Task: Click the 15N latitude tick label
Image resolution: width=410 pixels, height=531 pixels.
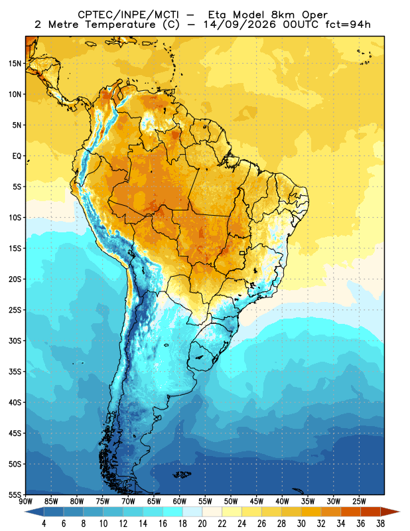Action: (x=15, y=64)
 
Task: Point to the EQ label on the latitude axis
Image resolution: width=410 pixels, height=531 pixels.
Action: (x=17, y=156)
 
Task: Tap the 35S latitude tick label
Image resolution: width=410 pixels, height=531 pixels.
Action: (x=15, y=372)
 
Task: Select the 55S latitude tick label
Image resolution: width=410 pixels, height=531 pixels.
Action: (x=15, y=495)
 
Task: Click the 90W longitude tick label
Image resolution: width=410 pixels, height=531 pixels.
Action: (x=26, y=502)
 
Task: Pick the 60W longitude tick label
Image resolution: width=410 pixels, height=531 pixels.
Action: (x=179, y=502)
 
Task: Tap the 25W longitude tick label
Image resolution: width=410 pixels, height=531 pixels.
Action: (x=359, y=502)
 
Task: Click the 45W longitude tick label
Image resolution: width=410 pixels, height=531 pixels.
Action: (x=257, y=502)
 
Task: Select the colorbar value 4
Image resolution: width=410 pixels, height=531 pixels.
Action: (x=44, y=524)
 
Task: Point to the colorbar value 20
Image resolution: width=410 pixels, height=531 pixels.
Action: (x=202, y=524)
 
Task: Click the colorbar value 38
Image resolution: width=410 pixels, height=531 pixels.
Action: (x=381, y=524)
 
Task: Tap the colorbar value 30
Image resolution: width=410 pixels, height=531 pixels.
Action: (x=301, y=524)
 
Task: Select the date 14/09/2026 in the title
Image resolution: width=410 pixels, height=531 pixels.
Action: (x=240, y=25)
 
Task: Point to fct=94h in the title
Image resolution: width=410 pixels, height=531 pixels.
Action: (x=348, y=25)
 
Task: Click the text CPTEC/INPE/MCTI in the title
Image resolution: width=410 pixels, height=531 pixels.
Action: (x=128, y=15)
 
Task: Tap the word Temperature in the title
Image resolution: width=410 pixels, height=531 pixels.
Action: (x=121, y=25)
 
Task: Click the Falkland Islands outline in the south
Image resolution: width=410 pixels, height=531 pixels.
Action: (x=182, y=475)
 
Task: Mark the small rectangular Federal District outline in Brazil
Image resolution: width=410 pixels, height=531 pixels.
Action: (x=242, y=253)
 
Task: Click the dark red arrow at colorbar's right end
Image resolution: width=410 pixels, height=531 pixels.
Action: (x=390, y=512)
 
